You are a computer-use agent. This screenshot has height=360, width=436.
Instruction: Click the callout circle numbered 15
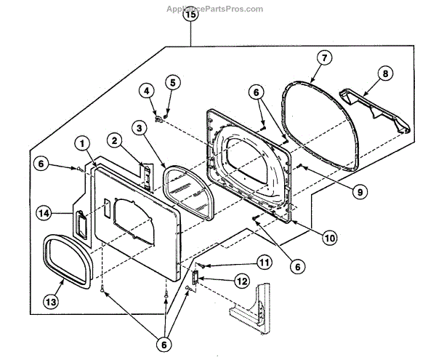191,15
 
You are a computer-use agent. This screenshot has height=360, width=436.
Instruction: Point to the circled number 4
148,92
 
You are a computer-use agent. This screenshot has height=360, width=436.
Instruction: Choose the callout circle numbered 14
45,213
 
